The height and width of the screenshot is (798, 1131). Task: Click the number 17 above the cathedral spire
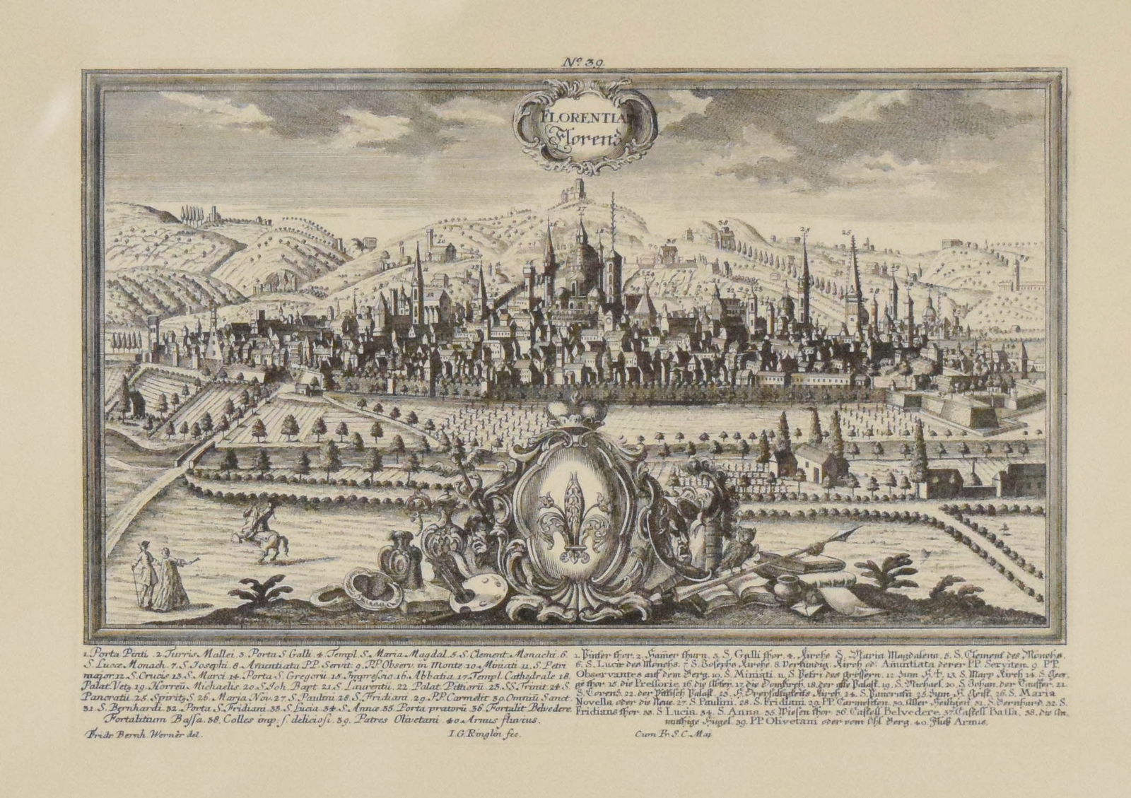tap(581, 211)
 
